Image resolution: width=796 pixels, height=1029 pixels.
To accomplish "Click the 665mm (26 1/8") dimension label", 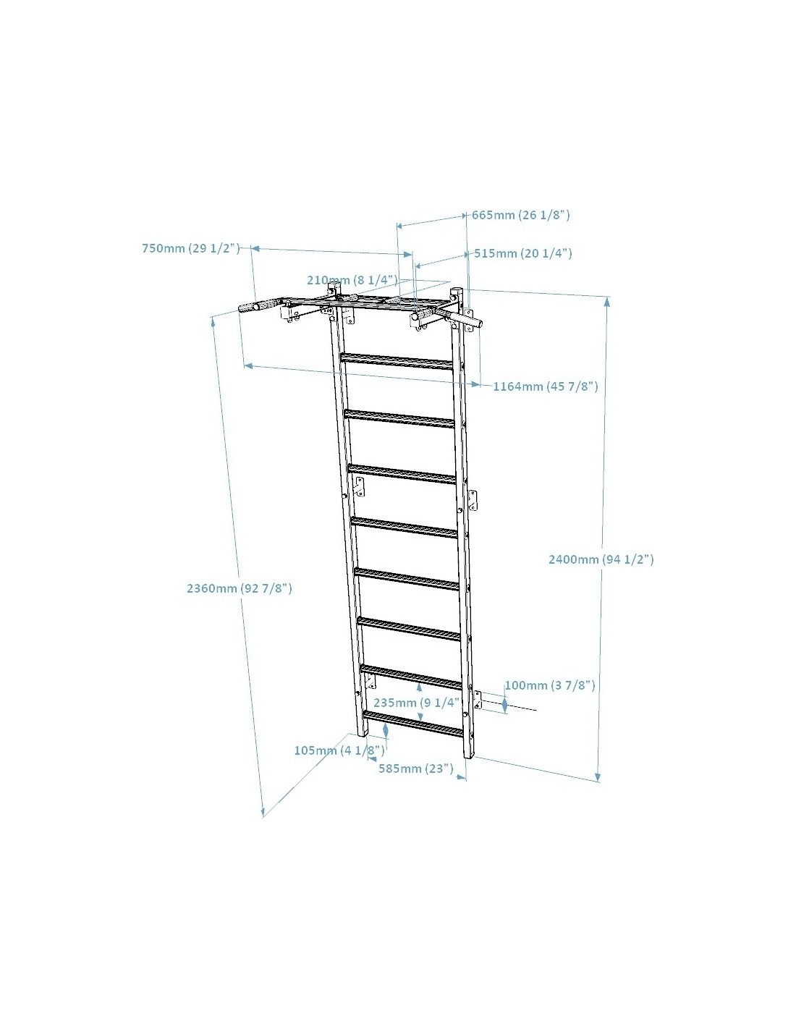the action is pyautogui.click(x=521, y=215).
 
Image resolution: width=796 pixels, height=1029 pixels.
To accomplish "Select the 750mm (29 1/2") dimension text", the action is pyautogui.click(x=191, y=248).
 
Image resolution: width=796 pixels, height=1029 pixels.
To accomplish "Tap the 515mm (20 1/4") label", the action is pyautogui.click(x=523, y=253).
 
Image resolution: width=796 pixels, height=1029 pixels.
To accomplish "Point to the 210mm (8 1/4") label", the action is pyautogui.click(x=352, y=280).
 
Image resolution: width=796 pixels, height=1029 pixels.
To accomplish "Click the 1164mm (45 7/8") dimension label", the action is pyautogui.click(x=546, y=386).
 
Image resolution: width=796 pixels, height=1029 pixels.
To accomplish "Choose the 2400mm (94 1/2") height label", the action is pyautogui.click(x=601, y=559).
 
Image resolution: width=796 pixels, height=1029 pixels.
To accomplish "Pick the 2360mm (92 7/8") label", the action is pyautogui.click(x=239, y=588).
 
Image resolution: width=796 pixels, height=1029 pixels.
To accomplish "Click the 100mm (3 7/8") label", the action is pyautogui.click(x=550, y=685).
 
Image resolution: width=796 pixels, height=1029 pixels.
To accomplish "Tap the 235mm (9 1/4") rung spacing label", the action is pyautogui.click(x=417, y=702).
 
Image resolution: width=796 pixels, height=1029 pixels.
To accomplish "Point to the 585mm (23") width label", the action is pyautogui.click(x=416, y=768).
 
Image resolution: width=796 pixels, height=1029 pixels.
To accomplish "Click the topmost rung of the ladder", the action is pyautogui.click(x=397, y=360).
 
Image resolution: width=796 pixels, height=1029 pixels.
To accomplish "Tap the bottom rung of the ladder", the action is pyautogui.click(x=413, y=724).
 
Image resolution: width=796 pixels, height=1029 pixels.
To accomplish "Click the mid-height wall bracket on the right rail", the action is pyautogui.click(x=473, y=501).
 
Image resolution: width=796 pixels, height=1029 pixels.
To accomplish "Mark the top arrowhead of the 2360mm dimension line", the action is pyautogui.click(x=213, y=322).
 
